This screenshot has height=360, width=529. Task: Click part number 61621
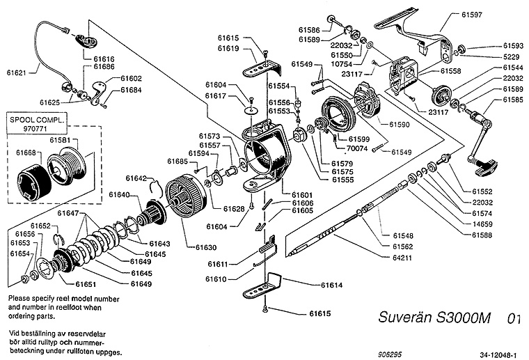pyautogui.click(x=17, y=72)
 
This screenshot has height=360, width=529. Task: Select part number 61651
pyautogui.click(x=86, y=284)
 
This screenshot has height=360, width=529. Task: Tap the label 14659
pyautogui.click(x=483, y=224)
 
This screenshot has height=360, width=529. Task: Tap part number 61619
pyautogui.click(x=228, y=49)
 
